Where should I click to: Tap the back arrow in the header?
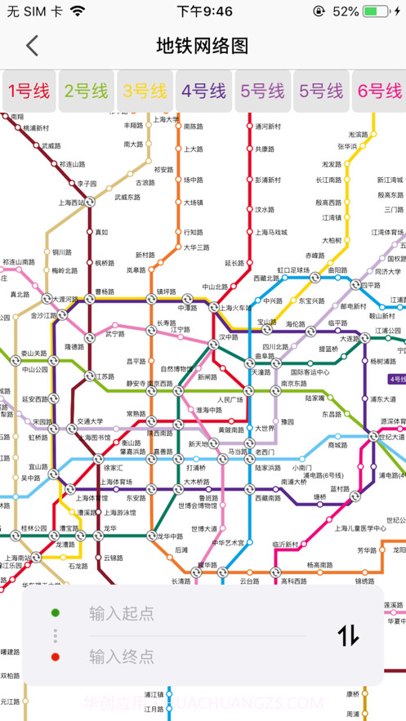coord(32,46)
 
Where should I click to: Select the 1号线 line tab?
coord(29,91)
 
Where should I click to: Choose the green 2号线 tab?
coord(87,91)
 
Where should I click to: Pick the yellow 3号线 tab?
coord(145,91)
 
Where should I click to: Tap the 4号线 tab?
coord(204,91)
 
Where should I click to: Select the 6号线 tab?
coord(380,91)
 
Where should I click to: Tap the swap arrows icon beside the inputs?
coord(348,634)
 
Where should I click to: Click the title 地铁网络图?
coord(203,46)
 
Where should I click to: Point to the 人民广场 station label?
coord(231,399)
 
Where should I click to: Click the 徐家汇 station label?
coord(113,468)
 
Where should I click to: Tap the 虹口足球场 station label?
coord(293,269)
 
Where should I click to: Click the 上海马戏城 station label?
coord(270,232)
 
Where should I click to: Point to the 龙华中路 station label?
coord(169,536)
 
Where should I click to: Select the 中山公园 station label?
coord(36,369)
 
